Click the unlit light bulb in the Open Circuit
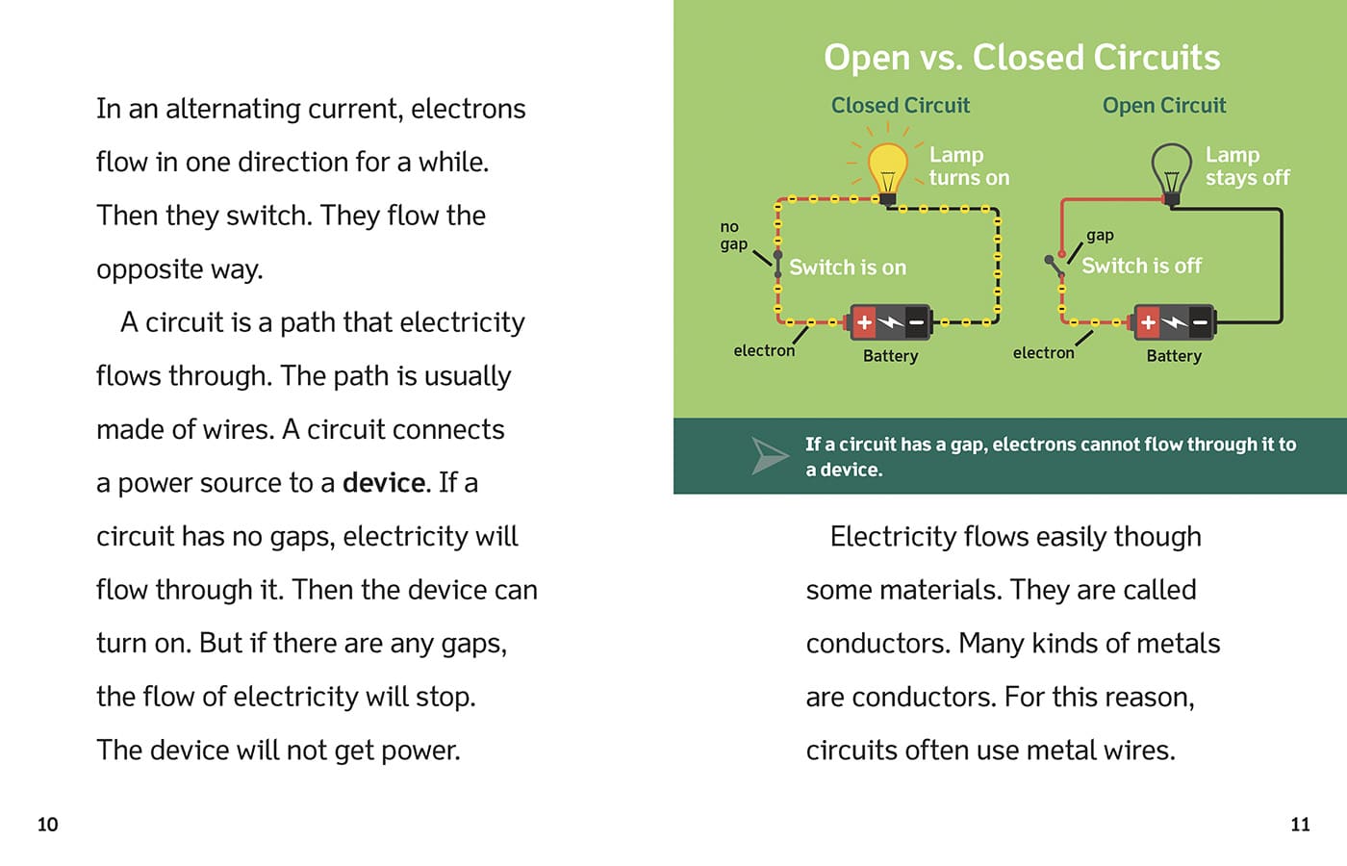point(1172,174)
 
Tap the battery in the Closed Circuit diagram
point(891,323)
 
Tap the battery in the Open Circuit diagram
point(1175,323)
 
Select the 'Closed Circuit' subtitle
point(901,105)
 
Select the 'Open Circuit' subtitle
point(1164,105)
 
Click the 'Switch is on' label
point(848,267)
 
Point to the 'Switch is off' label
point(1141,266)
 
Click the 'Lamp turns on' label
point(969,166)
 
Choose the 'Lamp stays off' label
point(1248,166)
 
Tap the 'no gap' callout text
point(733,236)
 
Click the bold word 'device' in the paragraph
point(384,483)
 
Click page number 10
point(47,825)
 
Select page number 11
point(1300,825)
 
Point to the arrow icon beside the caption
point(770,456)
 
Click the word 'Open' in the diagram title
point(867,59)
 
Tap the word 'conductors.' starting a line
point(878,644)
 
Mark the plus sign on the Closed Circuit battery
point(864,323)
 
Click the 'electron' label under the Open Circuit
point(1043,353)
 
